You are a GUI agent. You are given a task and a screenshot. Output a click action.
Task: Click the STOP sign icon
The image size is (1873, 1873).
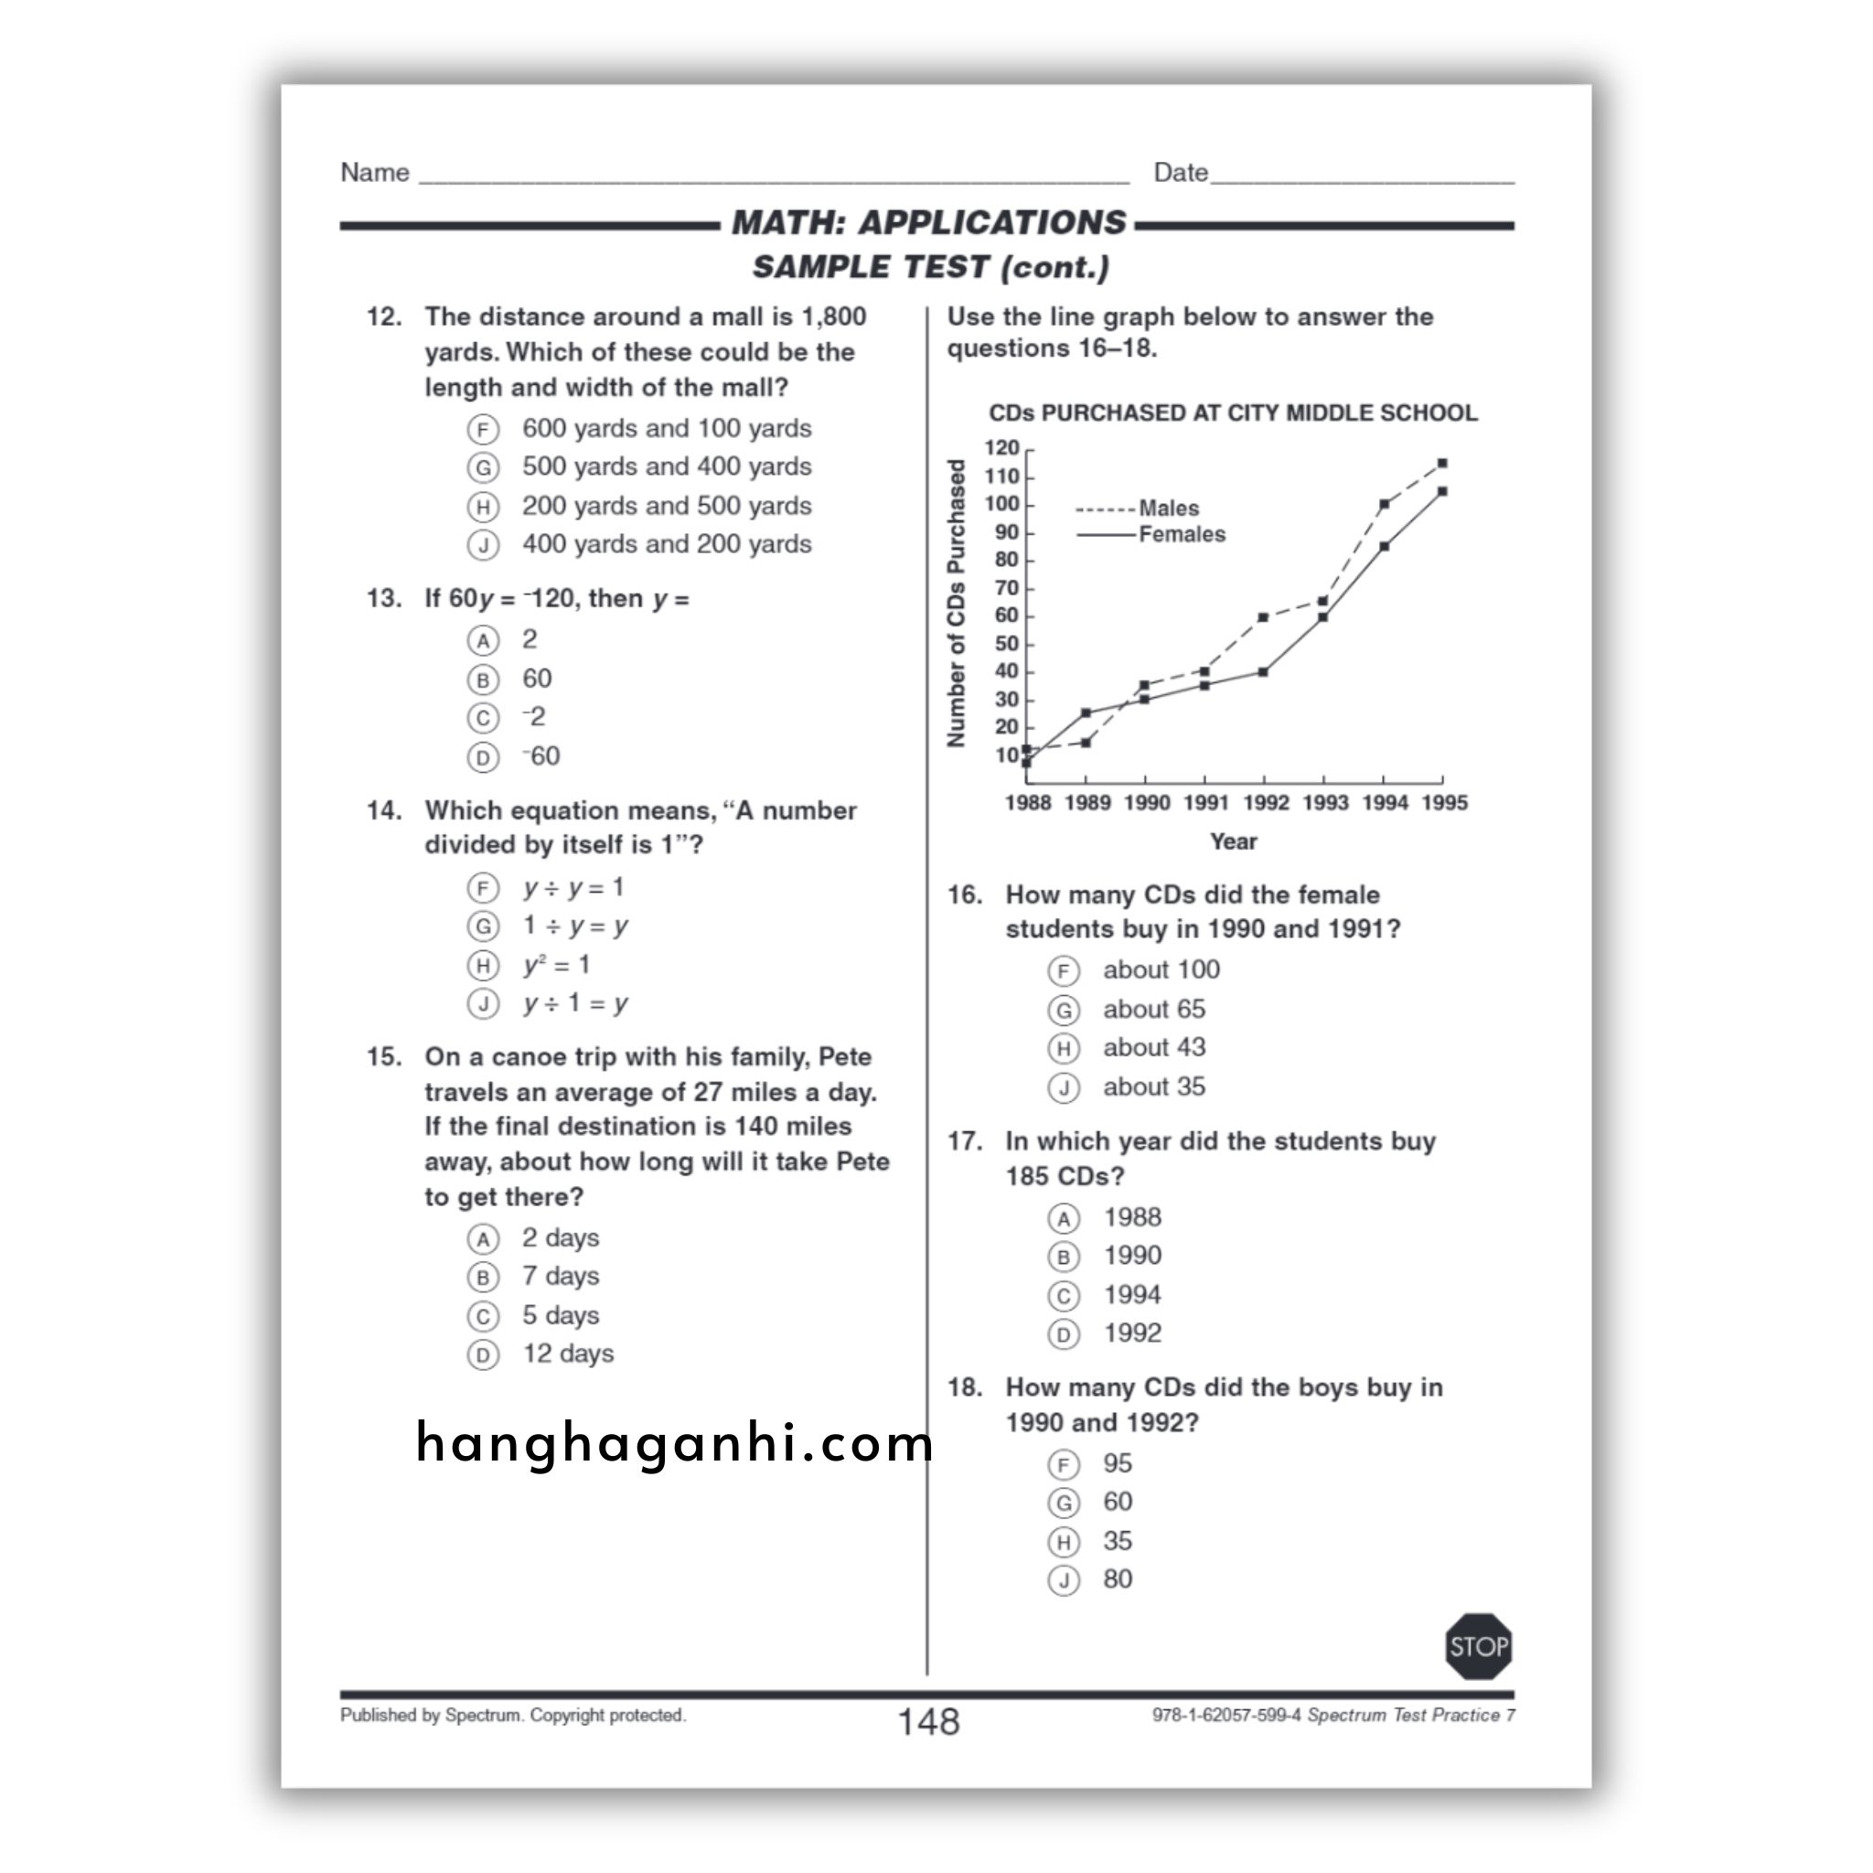(x=1478, y=1646)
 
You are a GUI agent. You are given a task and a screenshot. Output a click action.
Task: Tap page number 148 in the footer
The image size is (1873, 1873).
(x=927, y=1722)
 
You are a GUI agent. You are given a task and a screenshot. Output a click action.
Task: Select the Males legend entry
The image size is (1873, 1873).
(x=1167, y=508)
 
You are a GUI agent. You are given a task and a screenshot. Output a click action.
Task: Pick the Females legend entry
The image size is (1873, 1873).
(x=1181, y=534)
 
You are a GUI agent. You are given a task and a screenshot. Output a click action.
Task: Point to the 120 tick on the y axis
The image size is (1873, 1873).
(x=1002, y=448)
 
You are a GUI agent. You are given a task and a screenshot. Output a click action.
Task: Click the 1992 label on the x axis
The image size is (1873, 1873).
(x=1265, y=803)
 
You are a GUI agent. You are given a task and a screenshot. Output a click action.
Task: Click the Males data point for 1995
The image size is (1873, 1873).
(x=1442, y=464)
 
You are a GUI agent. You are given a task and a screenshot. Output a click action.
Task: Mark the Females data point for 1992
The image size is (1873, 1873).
(x=1263, y=672)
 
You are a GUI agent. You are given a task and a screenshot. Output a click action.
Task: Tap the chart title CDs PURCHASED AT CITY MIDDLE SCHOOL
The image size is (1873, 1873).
(x=1232, y=413)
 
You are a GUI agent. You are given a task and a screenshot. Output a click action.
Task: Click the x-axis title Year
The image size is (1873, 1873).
(x=1232, y=841)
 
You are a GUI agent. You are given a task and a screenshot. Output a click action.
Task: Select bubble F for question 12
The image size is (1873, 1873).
(x=483, y=430)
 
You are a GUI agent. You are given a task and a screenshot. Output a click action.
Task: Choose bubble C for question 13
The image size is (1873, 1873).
(x=483, y=718)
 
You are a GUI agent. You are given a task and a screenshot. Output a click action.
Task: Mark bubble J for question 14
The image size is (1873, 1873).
(x=483, y=1004)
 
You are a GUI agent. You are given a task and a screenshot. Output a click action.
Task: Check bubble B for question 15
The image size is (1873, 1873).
(x=483, y=1278)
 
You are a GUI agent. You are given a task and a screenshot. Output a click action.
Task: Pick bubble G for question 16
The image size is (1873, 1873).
(x=1064, y=1011)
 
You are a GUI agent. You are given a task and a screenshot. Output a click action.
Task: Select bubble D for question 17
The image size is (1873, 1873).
(x=1064, y=1335)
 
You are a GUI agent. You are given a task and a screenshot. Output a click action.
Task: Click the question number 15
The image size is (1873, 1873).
(x=384, y=1056)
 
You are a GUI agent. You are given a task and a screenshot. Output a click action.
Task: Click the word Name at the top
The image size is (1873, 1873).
(x=375, y=173)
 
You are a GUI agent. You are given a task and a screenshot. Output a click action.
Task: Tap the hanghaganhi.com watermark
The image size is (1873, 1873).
(x=674, y=1443)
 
